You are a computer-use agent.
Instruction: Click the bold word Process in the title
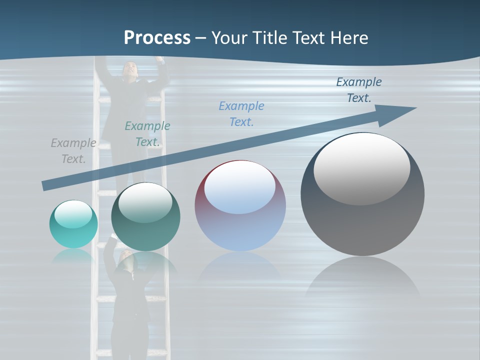157,38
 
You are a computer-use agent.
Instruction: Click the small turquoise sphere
73,224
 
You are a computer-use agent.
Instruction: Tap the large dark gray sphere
362,195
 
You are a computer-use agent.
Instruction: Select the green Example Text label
147,134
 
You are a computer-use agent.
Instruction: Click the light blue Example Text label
241,114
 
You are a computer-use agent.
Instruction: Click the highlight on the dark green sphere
145,202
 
